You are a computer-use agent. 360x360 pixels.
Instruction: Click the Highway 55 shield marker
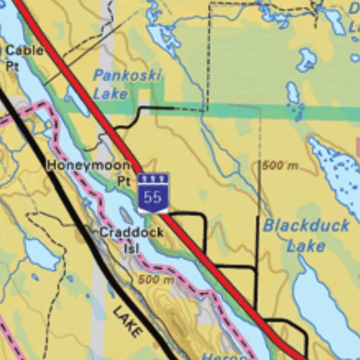(153, 193)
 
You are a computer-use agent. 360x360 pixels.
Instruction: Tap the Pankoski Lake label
(127, 84)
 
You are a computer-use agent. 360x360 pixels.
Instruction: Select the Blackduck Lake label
(297, 236)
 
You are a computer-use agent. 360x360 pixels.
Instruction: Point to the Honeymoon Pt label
(89, 172)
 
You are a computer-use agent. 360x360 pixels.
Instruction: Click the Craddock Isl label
(131, 240)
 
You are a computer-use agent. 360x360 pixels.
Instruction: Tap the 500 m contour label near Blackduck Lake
(280, 165)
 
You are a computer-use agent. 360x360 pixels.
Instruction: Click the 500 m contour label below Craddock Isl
(155, 280)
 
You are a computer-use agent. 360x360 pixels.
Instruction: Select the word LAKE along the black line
(127, 321)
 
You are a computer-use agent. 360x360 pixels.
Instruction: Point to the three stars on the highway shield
(153, 179)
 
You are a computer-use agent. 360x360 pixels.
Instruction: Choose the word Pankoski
(127, 75)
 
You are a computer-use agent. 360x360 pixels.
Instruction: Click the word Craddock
(131, 232)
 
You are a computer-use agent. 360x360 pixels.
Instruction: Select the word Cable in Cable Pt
(24, 51)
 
